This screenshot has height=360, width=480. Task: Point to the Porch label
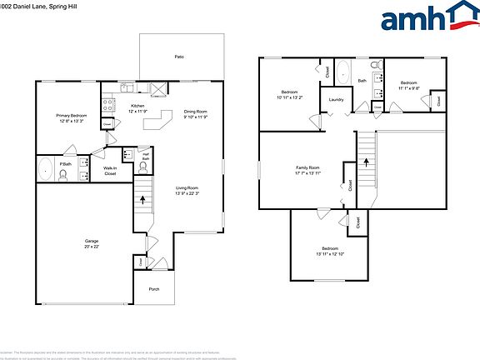(x=154, y=289)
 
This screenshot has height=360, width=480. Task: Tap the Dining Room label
(x=196, y=112)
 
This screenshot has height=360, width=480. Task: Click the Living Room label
(x=187, y=188)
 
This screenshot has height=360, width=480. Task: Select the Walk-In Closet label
(x=109, y=170)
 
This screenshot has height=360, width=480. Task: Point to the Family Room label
(x=307, y=167)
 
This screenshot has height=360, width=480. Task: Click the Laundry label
(x=337, y=100)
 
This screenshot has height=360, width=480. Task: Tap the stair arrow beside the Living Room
(x=142, y=200)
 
